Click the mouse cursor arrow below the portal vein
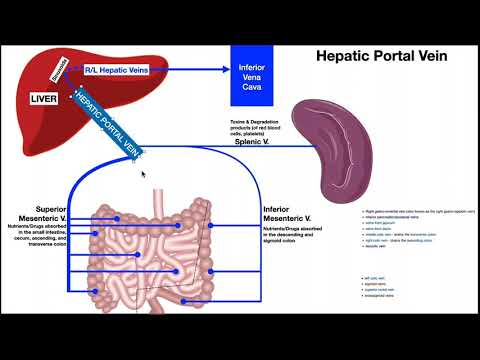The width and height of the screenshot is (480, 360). (x=143, y=173)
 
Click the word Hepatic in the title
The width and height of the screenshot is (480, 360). (x=346, y=57)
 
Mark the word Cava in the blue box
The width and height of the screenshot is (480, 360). (x=251, y=85)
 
